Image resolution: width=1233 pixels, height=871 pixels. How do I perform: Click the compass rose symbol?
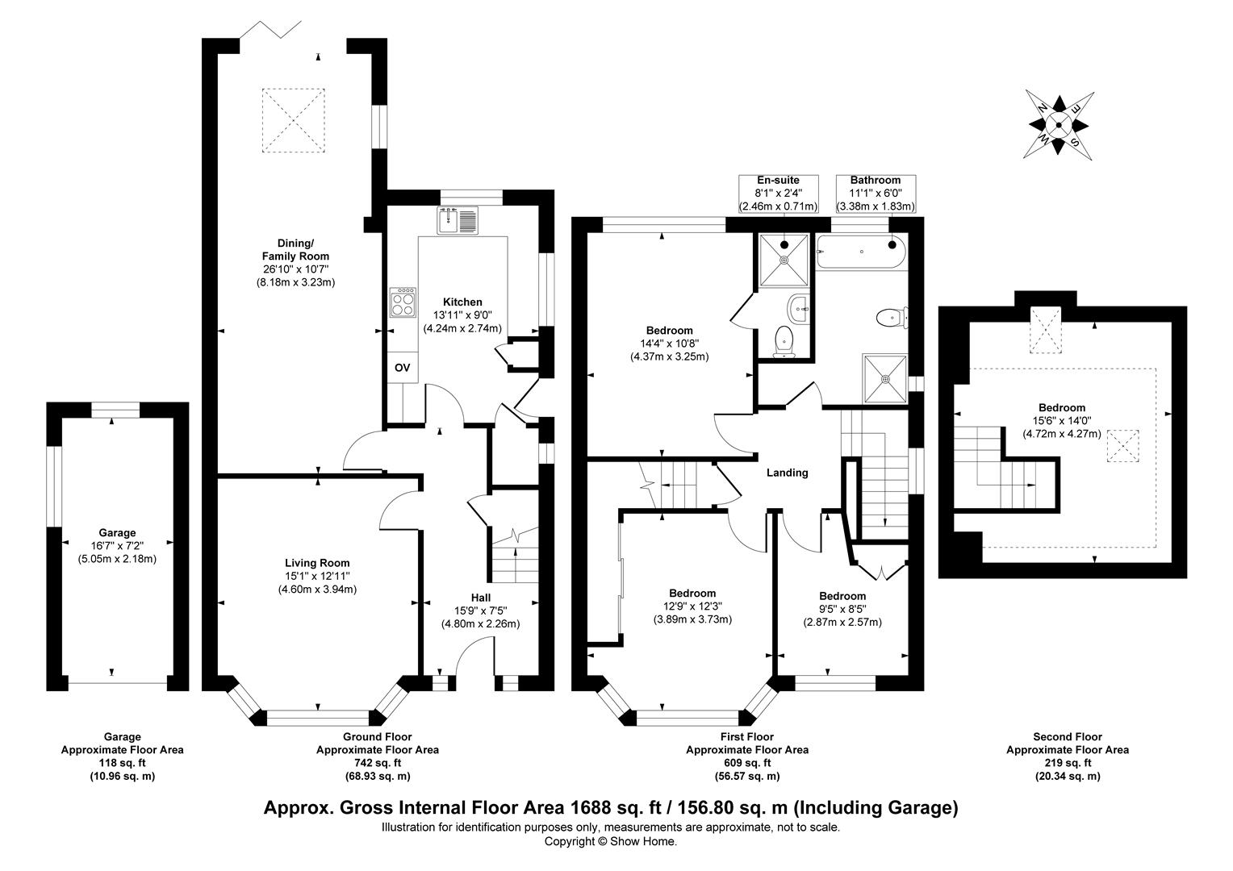(x=1059, y=126)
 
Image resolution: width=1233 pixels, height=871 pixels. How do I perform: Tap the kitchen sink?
(x=458, y=221)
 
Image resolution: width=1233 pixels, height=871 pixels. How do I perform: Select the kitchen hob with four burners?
(x=403, y=302)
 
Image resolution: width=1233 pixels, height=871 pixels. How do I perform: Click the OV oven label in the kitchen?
(x=403, y=368)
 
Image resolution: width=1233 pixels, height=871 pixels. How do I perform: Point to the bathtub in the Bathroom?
(x=862, y=252)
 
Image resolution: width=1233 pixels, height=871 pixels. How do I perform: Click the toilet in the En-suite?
(x=784, y=342)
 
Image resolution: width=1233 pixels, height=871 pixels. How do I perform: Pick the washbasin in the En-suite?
(x=798, y=309)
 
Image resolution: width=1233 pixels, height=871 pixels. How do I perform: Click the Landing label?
(x=787, y=473)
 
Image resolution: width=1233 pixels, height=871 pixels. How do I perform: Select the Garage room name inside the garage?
(x=117, y=532)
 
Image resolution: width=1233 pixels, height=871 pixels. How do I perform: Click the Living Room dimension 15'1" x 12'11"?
(x=317, y=576)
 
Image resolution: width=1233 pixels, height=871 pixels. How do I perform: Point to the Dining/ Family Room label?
(x=295, y=249)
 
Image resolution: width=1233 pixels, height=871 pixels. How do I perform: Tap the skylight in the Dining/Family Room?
(x=293, y=120)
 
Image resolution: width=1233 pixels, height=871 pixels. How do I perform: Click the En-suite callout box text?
(x=778, y=193)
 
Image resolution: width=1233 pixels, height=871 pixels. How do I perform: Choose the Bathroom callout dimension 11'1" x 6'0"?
(x=876, y=193)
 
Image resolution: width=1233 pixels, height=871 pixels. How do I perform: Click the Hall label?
(x=481, y=598)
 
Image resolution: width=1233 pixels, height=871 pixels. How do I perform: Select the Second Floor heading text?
(x=1068, y=736)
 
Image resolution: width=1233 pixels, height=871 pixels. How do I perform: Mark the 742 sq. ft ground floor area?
(x=378, y=763)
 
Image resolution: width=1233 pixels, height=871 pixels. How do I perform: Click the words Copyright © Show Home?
(x=611, y=841)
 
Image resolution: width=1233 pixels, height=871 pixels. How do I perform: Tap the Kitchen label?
(x=462, y=302)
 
